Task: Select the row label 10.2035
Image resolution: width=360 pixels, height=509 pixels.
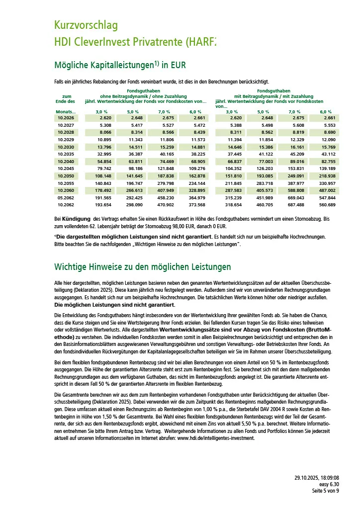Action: pos(66,155)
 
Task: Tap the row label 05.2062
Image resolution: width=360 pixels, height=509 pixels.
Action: pos(66,198)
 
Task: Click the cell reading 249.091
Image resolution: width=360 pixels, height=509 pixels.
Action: pos(294,176)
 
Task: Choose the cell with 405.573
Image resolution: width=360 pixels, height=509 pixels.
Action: pos(263,190)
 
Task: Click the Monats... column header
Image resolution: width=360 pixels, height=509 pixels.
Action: pos(66,112)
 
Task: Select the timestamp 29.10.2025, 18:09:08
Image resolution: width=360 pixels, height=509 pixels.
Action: pos(317,478)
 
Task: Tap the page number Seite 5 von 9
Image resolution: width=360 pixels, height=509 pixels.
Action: pos(326,491)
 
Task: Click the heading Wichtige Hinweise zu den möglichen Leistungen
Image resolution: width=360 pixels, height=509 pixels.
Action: pos(142,267)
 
